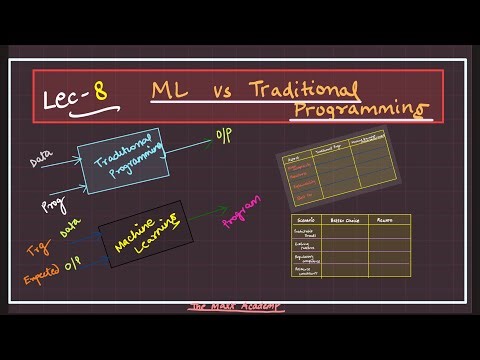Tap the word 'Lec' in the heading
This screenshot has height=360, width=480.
65,99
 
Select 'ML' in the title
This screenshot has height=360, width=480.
166,92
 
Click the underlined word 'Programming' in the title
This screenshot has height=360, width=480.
361,108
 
